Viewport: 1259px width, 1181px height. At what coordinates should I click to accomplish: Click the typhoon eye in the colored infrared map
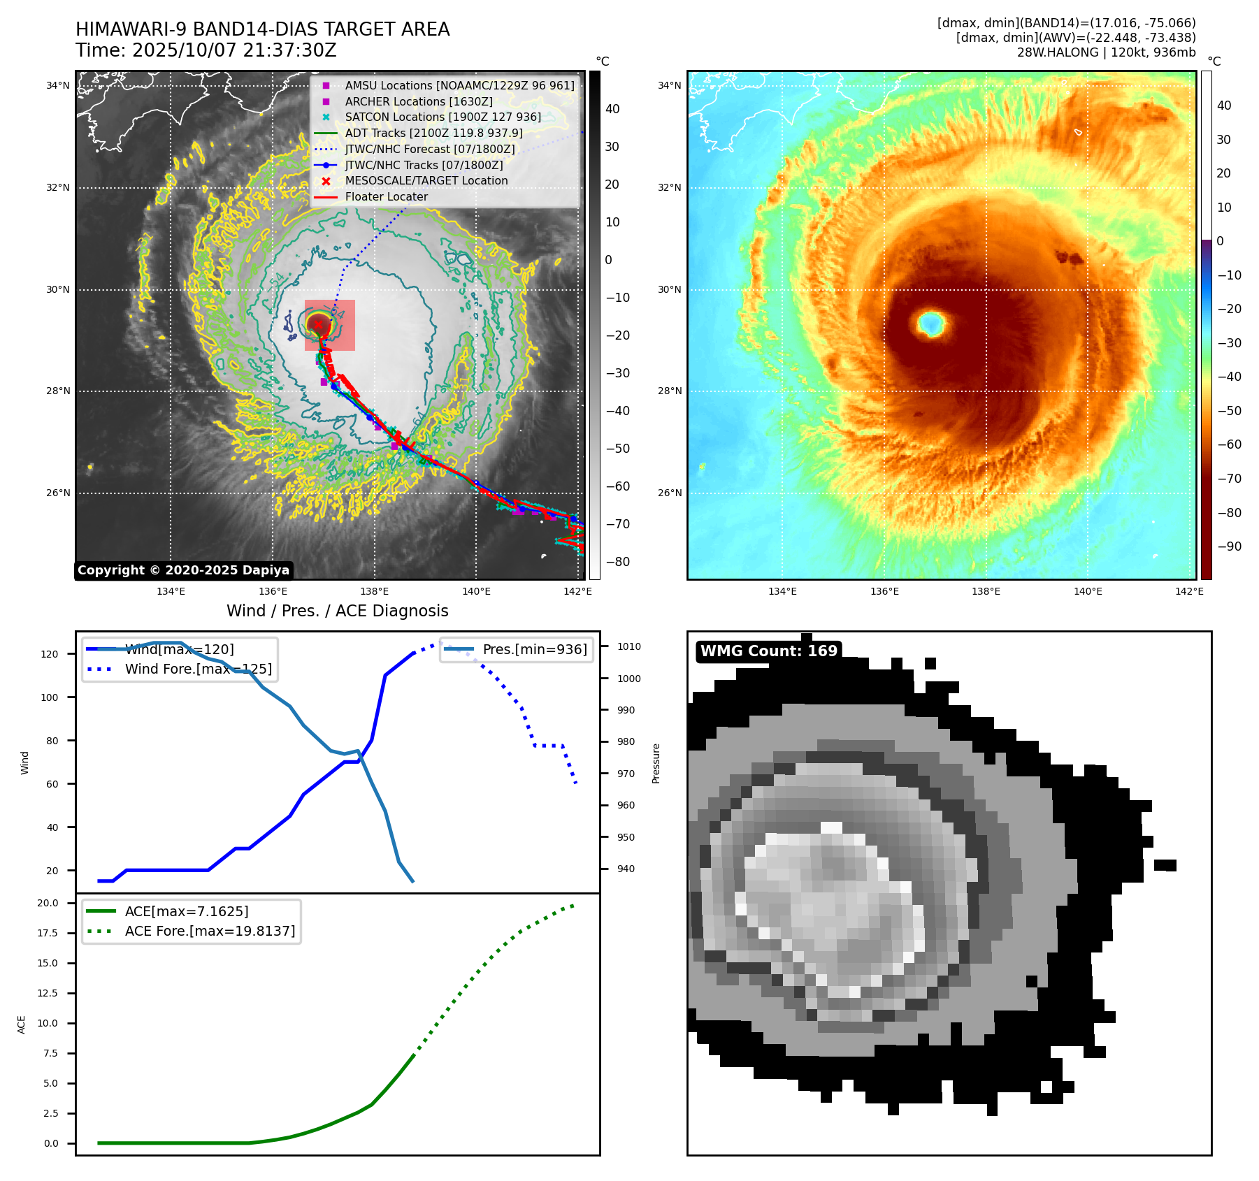point(930,323)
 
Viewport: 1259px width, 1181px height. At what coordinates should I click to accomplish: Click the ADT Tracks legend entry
point(433,133)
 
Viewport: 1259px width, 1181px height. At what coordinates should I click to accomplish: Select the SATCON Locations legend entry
point(443,117)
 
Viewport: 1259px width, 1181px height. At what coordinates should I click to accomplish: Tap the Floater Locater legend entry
point(386,196)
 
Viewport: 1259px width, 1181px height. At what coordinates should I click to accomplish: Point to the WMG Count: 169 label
point(768,651)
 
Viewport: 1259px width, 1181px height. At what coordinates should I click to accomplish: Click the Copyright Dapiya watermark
point(183,570)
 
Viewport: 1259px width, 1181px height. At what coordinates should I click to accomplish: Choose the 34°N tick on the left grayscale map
point(58,86)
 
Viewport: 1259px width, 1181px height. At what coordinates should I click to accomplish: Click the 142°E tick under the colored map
point(1189,591)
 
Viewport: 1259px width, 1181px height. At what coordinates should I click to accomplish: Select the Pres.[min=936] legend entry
point(535,649)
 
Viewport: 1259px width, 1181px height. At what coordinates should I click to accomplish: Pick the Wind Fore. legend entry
point(198,669)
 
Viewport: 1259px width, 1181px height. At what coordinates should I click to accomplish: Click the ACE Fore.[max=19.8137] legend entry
point(210,931)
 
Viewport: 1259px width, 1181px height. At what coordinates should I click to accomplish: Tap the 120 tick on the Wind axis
point(50,654)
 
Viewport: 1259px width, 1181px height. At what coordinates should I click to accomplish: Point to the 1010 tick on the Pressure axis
point(628,646)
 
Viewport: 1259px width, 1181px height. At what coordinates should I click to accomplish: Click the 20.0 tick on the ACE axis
point(48,903)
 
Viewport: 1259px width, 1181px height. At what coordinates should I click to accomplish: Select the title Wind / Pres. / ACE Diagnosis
point(337,611)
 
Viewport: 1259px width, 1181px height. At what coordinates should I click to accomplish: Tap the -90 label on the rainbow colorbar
point(1229,546)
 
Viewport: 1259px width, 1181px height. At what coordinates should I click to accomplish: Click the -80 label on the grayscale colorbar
point(617,562)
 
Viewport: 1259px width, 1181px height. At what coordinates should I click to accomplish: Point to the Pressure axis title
point(656,763)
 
